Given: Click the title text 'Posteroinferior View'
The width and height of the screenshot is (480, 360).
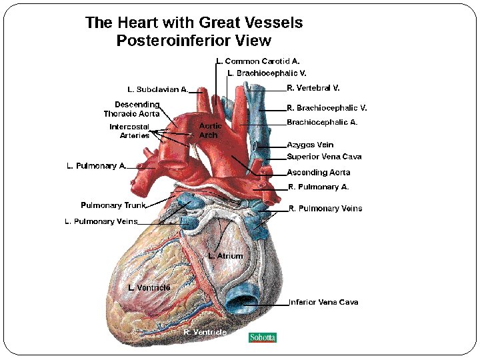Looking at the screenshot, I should point(193,41).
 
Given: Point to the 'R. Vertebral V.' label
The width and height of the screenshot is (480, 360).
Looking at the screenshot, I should point(313,87).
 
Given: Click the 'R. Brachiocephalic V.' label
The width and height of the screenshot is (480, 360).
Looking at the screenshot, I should point(327,107).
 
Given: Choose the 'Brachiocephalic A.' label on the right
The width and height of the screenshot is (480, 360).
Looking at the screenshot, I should point(322,122).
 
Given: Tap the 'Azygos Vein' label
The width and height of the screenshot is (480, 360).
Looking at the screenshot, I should point(310,145).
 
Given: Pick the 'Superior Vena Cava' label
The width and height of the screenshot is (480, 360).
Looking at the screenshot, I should point(324,157).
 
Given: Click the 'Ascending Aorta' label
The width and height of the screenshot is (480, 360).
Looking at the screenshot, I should point(318,173).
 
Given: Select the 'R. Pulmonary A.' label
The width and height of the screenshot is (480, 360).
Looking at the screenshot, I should point(318,187).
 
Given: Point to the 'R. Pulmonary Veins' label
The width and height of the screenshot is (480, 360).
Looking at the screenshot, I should point(325,209).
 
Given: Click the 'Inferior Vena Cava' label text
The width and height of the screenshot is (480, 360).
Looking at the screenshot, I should point(323,302).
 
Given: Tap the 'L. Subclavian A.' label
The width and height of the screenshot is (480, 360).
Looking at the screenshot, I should point(158,89).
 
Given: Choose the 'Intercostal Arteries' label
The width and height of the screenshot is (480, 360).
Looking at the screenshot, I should point(129,131).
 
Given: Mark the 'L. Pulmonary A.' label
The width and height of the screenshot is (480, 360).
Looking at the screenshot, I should point(96,166).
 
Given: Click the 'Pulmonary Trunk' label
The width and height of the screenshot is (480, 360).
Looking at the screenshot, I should point(113,205).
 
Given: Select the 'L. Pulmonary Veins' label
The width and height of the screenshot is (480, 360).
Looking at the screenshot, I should point(101,221).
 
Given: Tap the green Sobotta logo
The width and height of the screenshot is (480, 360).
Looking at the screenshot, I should point(262,337).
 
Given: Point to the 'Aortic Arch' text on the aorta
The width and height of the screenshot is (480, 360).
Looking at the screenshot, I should point(211,130).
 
